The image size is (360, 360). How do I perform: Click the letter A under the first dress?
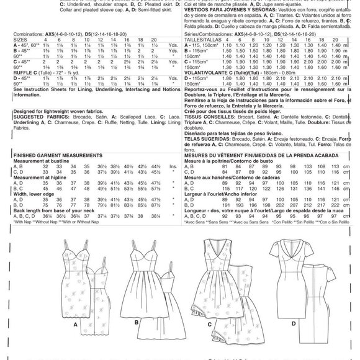point(74,341)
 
